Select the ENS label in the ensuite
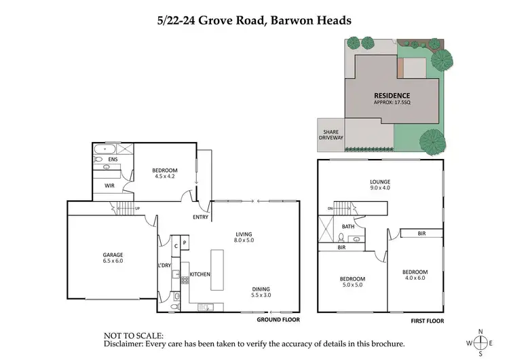coord(113,160)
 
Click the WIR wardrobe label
coord(109,185)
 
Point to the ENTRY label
coord(200,217)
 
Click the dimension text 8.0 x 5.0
coord(244,240)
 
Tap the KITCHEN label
coord(200,274)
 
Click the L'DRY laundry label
coord(164,265)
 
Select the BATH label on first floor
coord(347,227)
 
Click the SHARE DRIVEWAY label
coord(331,133)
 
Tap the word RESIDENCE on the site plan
coord(392,95)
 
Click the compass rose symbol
coord(480,342)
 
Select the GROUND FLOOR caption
coord(278,319)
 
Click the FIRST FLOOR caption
coord(427,319)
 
